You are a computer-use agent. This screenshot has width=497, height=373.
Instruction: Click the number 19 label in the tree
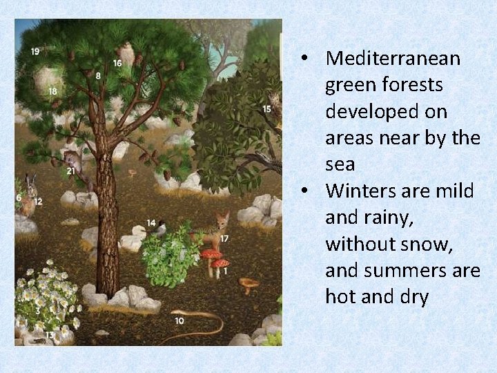point(35,51)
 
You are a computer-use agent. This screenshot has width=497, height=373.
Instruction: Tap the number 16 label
point(117,63)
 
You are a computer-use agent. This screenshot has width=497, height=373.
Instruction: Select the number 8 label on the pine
point(98,75)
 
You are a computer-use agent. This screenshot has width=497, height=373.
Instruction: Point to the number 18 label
point(53,91)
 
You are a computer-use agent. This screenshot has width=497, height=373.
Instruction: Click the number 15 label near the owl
point(266,108)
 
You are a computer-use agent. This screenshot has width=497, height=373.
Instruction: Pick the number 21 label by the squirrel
point(71,171)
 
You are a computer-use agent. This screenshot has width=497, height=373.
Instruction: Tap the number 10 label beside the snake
point(179,321)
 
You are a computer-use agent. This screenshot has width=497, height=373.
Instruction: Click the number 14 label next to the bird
point(151,222)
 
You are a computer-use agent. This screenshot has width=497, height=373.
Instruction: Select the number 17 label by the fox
point(224,238)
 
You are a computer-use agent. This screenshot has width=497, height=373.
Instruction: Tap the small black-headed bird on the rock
point(162,228)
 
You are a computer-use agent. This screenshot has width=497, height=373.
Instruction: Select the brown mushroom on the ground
point(248,283)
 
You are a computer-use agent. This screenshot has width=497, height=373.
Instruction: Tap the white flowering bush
point(47,297)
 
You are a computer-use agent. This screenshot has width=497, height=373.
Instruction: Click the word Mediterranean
point(392,59)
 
